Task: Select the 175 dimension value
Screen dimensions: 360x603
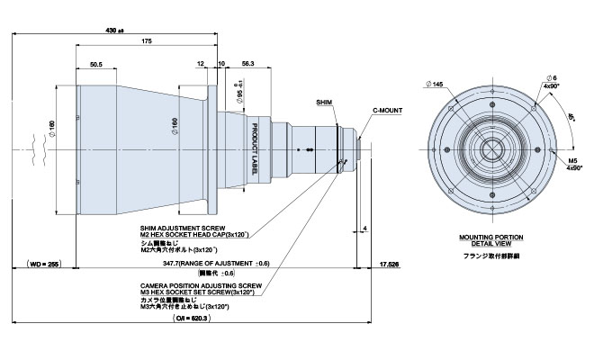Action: point(146,42)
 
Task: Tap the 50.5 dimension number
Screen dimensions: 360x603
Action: point(95,65)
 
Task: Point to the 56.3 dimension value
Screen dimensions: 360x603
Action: point(248,65)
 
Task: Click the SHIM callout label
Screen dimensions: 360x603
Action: point(325,103)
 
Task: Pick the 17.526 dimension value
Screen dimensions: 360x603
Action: point(391,264)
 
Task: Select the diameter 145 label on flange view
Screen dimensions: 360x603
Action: point(439,84)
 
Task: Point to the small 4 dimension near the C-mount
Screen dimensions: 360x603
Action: point(364,228)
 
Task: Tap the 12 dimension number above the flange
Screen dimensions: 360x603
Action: point(199,65)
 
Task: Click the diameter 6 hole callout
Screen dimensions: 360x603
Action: point(551,78)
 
